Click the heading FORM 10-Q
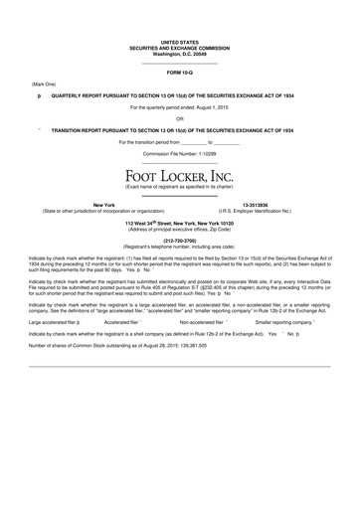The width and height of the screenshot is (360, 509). pos(180,74)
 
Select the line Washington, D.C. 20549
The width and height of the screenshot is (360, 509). pos(180,52)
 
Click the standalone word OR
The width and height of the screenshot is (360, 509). pos(180,119)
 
